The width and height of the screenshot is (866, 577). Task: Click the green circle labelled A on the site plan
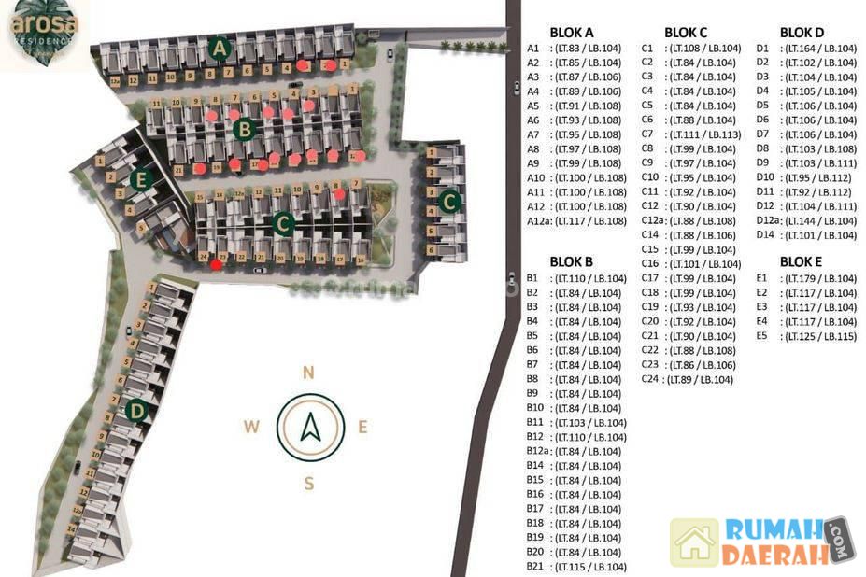coord(220,48)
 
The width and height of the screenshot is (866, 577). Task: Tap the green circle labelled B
coord(244,130)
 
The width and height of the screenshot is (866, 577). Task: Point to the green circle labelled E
coord(141,180)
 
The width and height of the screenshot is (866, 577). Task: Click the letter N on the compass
coord(307,373)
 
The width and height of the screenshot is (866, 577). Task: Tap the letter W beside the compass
coord(251,428)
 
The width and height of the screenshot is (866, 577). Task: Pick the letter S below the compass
coord(307,483)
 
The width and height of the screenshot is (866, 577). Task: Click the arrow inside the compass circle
coord(308,428)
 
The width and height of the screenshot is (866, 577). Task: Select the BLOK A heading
coord(572,32)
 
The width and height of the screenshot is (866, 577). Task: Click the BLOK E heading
coord(802,261)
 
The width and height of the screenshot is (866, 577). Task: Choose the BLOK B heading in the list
coord(572,261)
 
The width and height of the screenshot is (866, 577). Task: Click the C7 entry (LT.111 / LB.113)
coord(690,134)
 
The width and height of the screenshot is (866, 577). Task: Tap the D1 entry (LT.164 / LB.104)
coord(805,49)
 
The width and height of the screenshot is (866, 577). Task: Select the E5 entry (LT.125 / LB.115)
coord(805,336)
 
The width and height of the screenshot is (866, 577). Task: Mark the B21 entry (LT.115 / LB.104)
coord(575,567)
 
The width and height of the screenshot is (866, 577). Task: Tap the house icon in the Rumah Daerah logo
coord(694,542)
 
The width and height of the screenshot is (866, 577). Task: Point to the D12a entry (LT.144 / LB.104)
coord(805,220)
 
